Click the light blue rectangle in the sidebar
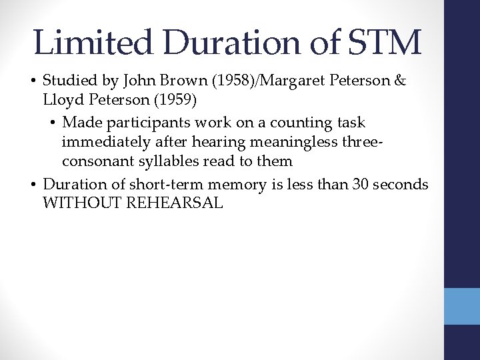(x=462, y=305)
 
